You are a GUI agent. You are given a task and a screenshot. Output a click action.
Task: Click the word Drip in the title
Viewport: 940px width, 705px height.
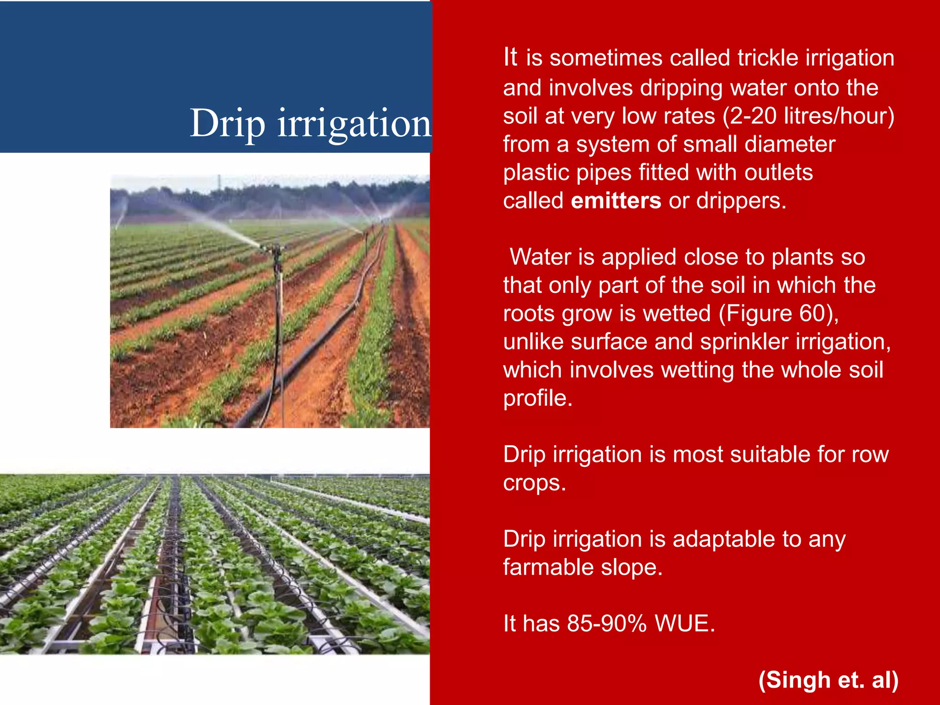tap(228, 124)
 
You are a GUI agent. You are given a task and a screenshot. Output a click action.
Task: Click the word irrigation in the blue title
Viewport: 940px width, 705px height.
tap(354, 124)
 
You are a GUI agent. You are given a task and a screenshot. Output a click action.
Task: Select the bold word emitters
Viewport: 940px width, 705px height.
tap(616, 201)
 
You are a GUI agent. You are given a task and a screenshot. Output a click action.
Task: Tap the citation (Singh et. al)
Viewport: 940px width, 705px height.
tap(828, 680)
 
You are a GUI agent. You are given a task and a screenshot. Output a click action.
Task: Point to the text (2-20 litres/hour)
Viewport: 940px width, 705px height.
tap(808, 116)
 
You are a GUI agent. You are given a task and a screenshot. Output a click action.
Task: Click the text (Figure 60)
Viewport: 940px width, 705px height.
tap(778, 314)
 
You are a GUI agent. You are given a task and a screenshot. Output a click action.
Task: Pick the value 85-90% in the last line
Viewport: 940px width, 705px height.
tap(607, 624)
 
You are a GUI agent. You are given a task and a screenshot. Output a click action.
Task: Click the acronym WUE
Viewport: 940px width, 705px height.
tap(684, 624)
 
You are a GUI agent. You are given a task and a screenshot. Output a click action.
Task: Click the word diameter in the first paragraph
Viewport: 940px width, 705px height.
tap(789, 145)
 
